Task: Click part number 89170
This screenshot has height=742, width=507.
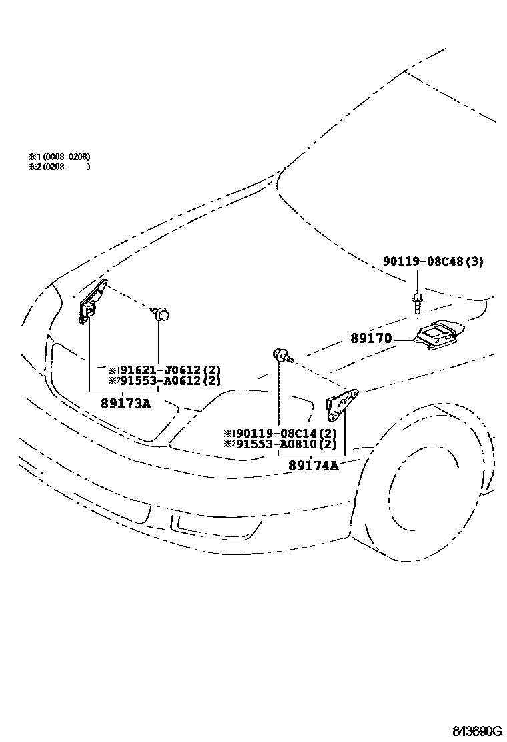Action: (371, 339)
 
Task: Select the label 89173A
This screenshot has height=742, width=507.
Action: (126, 403)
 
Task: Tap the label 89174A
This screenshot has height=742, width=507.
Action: (313, 466)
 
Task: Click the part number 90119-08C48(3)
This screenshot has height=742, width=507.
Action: (433, 262)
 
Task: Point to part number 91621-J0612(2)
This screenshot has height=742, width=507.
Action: (169, 370)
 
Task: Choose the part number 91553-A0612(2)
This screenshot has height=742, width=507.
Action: (169, 381)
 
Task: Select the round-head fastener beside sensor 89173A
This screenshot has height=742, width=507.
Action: (161, 312)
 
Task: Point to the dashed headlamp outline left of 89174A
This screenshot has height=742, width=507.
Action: (240, 427)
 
